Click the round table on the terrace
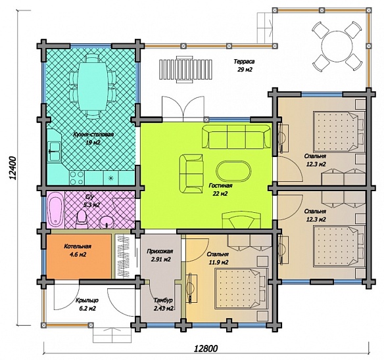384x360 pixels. pyautogui.click(x=337, y=46)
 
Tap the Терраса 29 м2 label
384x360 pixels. pyautogui.click(x=245, y=65)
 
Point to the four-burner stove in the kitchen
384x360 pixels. pyautogui.click(x=77, y=177)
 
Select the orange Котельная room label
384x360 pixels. pyautogui.click(x=78, y=250)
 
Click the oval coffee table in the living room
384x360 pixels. pyautogui.click(x=233, y=171)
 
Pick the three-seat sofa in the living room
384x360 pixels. pyautogui.click(x=236, y=137)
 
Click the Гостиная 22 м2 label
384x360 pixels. pyautogui.click(x=220, y=189)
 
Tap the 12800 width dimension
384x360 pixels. pyautogui.click(x=206, y=348)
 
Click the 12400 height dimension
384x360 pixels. pyautogui.click(x=12, y=168)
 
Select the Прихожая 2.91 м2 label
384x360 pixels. pyautogui.click(x=160, y=256)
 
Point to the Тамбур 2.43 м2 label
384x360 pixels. pyautogui.click(x=163, y=304)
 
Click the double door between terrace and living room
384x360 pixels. pyautogui.click(x=183, y=109)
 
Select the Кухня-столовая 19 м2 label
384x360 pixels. pyautogui.click(x=93, y=138)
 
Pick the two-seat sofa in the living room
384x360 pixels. pyautogui.click(x=191, y=173)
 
